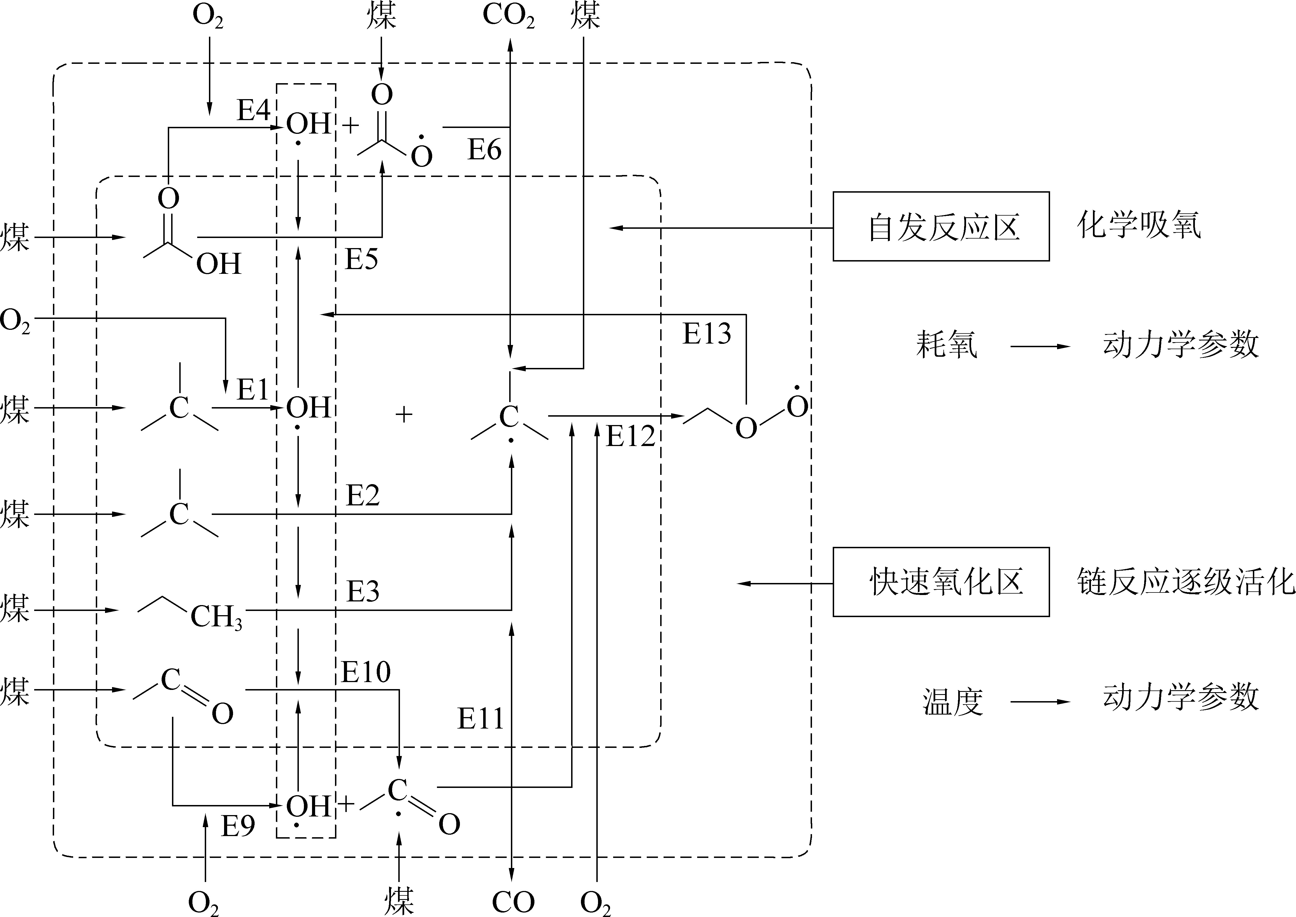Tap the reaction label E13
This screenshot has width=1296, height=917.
coord(706,333)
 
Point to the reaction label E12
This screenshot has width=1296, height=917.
coord(630,437)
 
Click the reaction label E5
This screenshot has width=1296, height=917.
coord(361,259)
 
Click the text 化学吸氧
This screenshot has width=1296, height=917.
coord(1139,225)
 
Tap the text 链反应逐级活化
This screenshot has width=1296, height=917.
coord(1185,582)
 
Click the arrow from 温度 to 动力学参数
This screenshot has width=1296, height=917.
coord(1040,702)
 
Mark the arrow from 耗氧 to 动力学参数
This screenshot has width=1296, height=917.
coord(1040,346)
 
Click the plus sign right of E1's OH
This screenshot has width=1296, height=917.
coord(404,415)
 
